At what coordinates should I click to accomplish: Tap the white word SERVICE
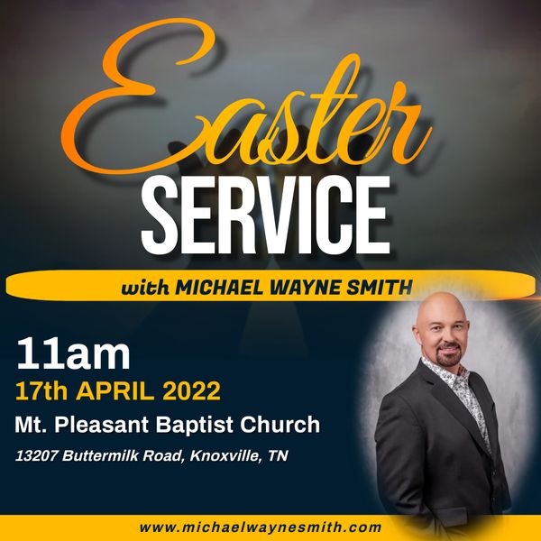click(x=266, y=215)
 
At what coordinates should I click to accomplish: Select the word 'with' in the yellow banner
click(x=145, y=287)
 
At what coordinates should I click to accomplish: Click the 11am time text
click(x=73, y=354)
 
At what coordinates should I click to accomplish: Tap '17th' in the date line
click(x=41, y=391)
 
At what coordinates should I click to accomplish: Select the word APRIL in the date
click(x=115, y=391)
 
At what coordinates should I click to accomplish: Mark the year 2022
click(x=191, y=391)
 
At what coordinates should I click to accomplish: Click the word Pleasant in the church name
click(x=101, y=425)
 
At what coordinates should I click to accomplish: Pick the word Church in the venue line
click(x=280, y=425)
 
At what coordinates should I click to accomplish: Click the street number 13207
click(x=36, y=455)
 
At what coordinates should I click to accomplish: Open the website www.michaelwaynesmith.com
click(x=261, y=527)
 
